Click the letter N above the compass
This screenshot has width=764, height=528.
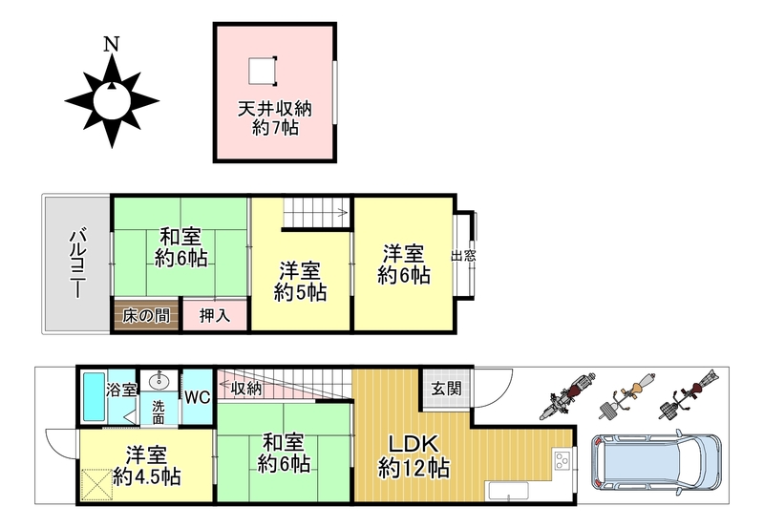pos(112,44)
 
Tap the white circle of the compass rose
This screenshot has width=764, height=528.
pos(112,101)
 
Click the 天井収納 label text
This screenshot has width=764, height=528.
pos(275,109)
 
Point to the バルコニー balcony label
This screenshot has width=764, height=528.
pos(77,264)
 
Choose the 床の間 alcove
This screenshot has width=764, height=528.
pos(146,315)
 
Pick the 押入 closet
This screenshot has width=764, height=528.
pos(215,315)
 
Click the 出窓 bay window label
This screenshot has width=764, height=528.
pos(463,256)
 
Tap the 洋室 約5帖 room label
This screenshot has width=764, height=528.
pos(300,282)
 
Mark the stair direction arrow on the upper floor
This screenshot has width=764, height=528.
pos(342,212)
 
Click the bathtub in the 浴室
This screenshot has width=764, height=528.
pos(94,397)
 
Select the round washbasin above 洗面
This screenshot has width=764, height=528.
pos(159,381)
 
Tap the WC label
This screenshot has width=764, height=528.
pos(198,397)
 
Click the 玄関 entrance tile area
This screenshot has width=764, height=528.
pos(447,389)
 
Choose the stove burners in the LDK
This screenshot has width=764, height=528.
pos(562,459)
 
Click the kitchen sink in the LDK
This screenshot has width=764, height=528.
pos(509,491)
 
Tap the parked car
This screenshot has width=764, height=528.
pos(656,462)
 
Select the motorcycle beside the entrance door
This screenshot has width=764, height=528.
pos(567,395)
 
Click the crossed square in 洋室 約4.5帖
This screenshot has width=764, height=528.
pos(98,484)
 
